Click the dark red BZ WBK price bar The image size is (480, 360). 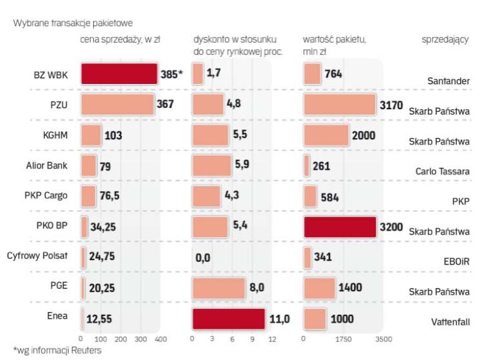119,74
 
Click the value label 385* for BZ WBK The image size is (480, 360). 172,74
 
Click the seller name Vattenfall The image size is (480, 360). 450,323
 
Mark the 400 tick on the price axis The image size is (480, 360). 161,339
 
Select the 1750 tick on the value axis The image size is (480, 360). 343,339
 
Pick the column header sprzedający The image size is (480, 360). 445,40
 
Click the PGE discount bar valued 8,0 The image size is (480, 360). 219,289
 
